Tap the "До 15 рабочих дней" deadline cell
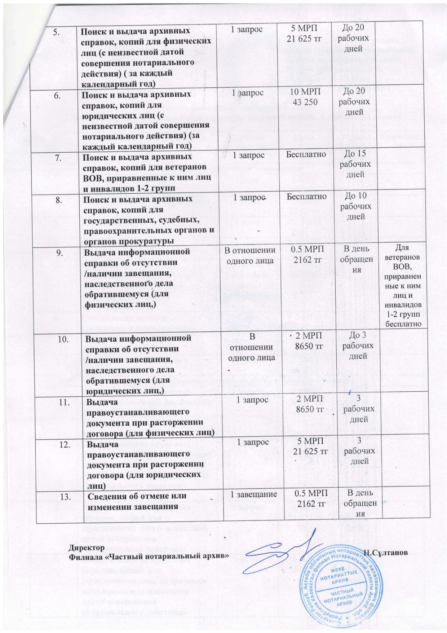(355, 164)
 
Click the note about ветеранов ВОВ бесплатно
(403, 286)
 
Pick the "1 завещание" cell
(254, 494)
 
